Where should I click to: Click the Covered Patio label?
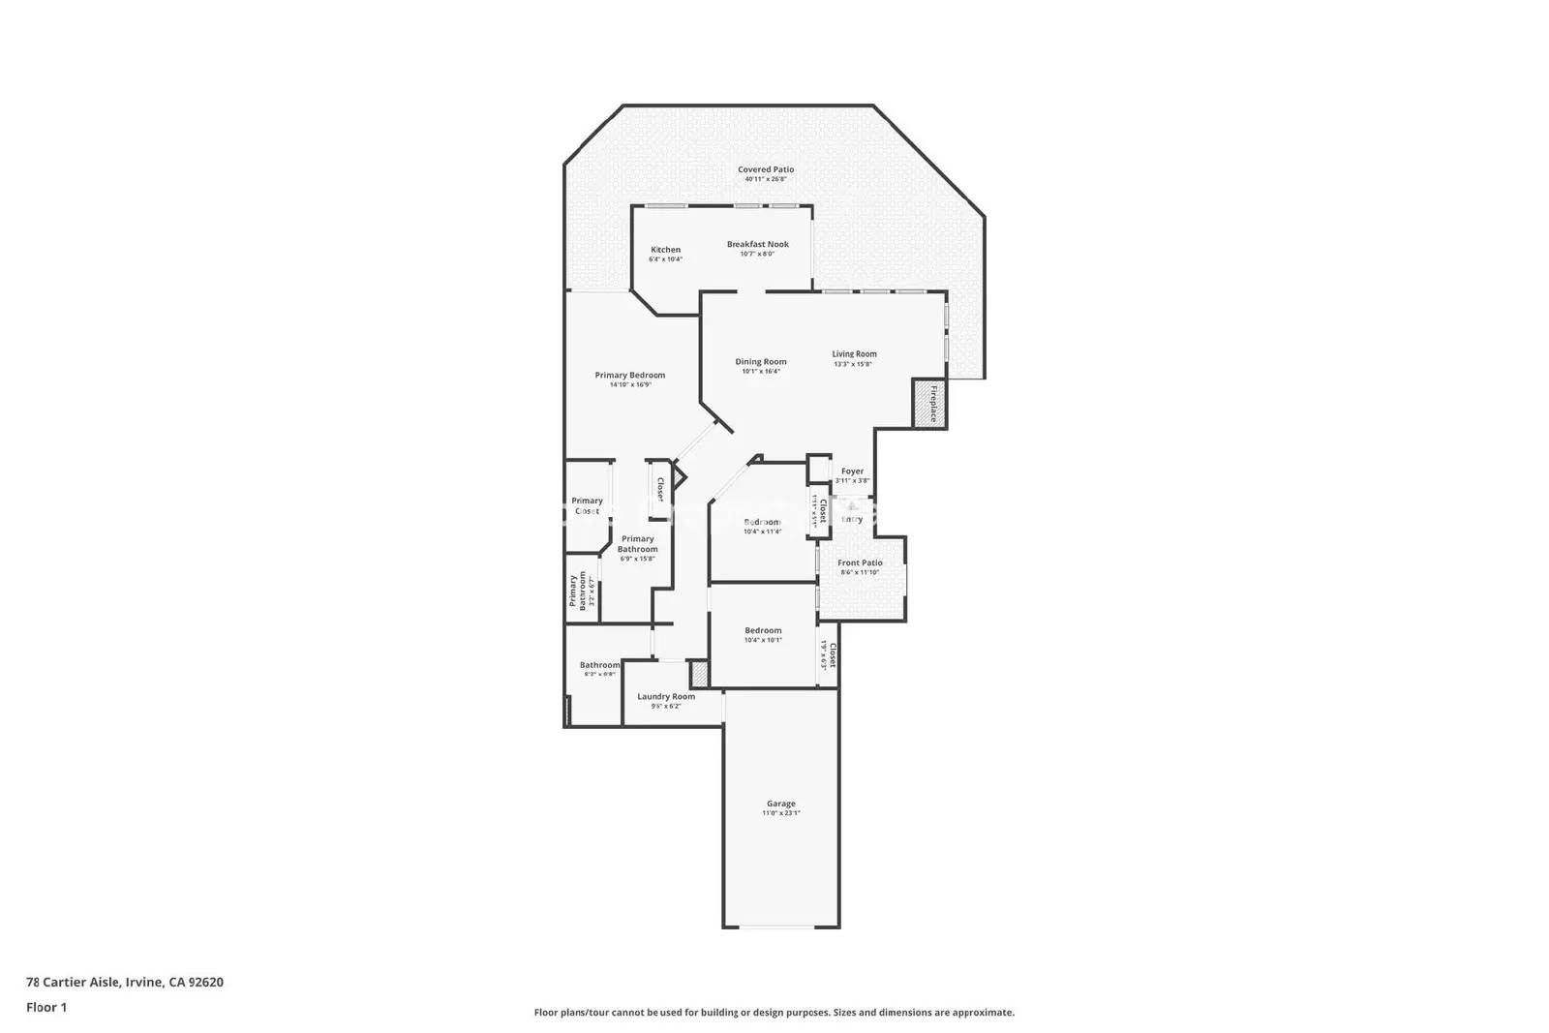[x=766, y=169]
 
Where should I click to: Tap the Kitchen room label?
[x=665, y=250]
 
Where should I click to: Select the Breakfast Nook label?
[x=758, y=244]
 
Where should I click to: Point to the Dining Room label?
[x=761, y=362]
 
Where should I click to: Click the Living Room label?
[x=854, y=354]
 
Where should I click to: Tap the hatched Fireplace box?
[x=928, y=403]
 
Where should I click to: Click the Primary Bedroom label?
[x=630, y=376]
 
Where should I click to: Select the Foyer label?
[x=852, y=471]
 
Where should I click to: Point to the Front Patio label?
[x=860, y=562]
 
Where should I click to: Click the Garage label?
[x=781, y=804]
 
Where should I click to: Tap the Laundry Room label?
[x=666, y=696]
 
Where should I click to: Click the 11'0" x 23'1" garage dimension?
[x=781, y=814]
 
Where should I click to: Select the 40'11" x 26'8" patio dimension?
[x=766, y=179]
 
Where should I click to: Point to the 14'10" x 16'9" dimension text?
[x=630, y=384]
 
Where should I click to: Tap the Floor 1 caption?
[x=46, y=1007]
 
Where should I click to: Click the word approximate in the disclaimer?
[x=983, y=1013]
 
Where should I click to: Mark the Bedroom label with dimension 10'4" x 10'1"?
[x=763, y=631]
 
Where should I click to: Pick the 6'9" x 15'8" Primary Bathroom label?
[x=638, y=544]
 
